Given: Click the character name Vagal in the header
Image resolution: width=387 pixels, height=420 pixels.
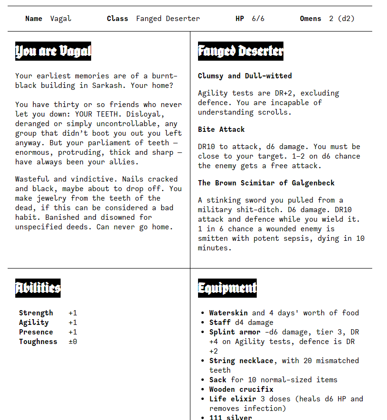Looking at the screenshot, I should click(61, 19).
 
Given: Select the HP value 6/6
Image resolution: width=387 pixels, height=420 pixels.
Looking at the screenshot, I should click(258, 19).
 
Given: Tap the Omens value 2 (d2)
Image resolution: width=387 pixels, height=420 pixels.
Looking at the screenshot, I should click(342, 19).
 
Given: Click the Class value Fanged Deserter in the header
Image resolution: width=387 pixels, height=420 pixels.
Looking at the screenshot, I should click(168, 19).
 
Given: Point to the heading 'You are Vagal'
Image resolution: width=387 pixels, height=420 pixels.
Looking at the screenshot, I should click(53, 51).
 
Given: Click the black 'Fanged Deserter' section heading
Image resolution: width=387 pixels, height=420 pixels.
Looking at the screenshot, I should click(241, 51).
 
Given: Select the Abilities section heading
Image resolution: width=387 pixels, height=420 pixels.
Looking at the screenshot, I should click(38, 288).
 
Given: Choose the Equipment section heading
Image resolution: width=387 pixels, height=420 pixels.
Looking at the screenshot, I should click(227, 288).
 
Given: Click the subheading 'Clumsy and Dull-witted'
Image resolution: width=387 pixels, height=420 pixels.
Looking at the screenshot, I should click(245, 76).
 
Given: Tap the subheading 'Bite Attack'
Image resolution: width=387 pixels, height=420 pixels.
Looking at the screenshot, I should click(221, 129).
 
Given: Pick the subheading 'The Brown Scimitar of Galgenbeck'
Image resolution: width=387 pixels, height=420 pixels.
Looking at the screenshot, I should click(266, 183).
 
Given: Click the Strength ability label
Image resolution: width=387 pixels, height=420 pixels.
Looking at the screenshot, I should click(36, 313).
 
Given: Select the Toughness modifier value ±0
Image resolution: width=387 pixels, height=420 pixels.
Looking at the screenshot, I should click(73, 342).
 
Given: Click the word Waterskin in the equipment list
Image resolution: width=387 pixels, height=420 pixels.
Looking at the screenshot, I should click(228, 313).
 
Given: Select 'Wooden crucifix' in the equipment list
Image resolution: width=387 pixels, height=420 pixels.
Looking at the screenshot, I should click(241, 389).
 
